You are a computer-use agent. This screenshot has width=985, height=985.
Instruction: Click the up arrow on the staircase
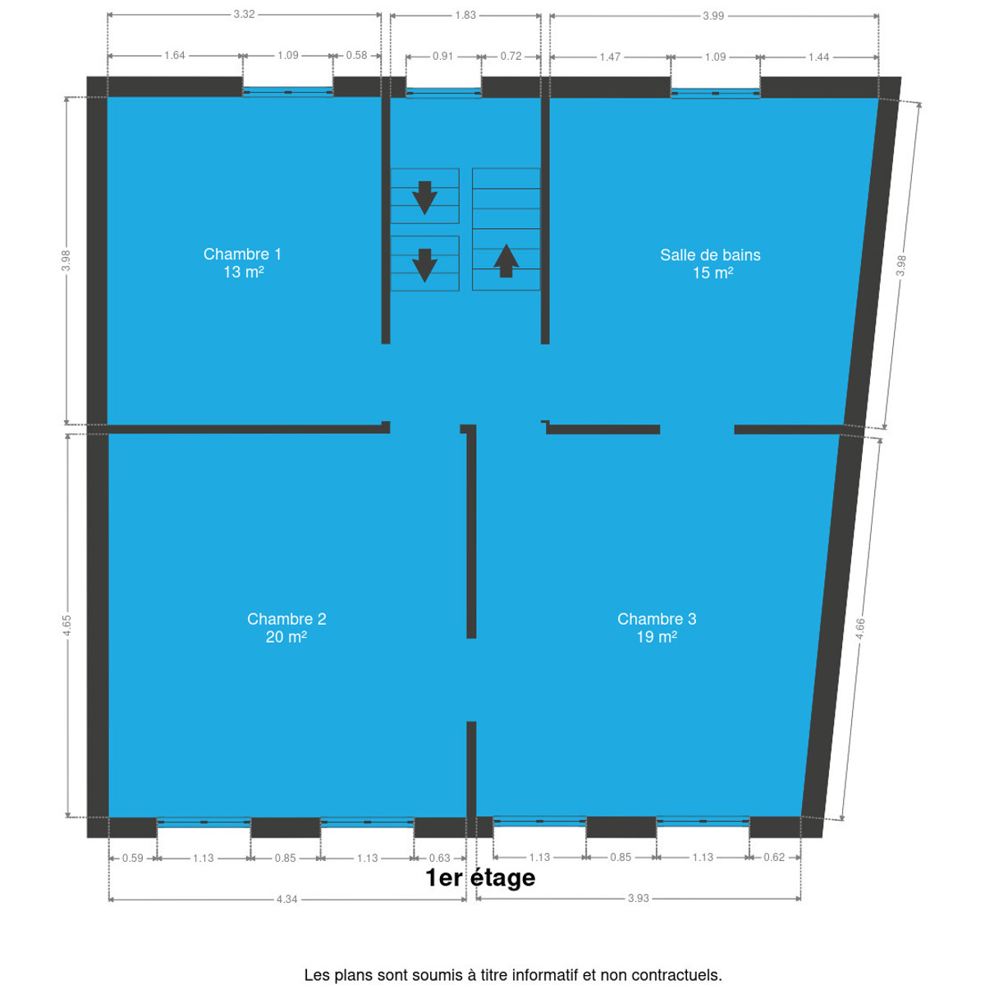(506, 261)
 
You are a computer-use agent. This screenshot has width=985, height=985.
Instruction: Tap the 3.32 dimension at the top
(244, 14)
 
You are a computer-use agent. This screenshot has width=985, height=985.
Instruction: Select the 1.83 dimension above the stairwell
(465, 15)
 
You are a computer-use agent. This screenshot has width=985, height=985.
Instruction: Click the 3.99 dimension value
(713, 16)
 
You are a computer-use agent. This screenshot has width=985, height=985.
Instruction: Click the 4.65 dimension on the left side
(67, 625)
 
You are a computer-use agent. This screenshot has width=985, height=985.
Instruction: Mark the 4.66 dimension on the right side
(859, 628)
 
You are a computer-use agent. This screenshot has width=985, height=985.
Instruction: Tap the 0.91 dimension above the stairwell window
(442, 56)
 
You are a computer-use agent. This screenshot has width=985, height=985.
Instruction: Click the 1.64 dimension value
(174, 55)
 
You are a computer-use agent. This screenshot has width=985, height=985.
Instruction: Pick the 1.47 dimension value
(610, 57)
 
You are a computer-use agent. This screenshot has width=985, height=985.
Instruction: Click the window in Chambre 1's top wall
(288, 92)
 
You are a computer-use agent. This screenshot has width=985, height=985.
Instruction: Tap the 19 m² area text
(657, 637)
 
